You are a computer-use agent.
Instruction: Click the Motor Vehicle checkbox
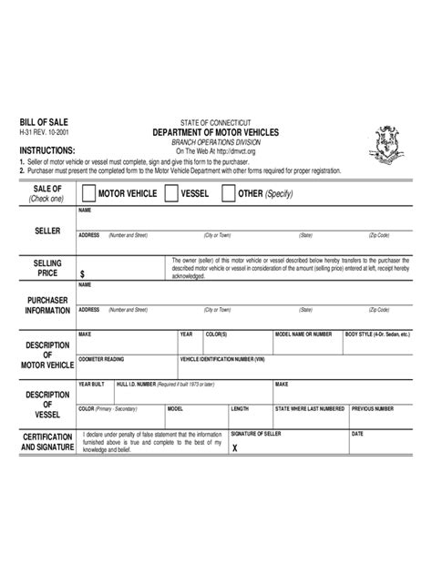87,194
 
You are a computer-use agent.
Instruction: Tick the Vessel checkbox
171,194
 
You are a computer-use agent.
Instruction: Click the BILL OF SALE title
44,121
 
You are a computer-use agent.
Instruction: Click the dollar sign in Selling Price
83,273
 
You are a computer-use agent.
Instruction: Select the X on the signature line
235,448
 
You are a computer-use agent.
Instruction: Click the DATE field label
357,433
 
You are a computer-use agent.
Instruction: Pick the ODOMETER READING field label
102,359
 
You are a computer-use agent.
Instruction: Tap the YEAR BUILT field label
92,384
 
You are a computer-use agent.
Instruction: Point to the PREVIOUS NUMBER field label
372,408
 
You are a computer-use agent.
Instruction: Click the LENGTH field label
240,408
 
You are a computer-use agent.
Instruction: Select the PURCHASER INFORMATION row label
47,304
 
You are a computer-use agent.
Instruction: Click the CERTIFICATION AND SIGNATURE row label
47,443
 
